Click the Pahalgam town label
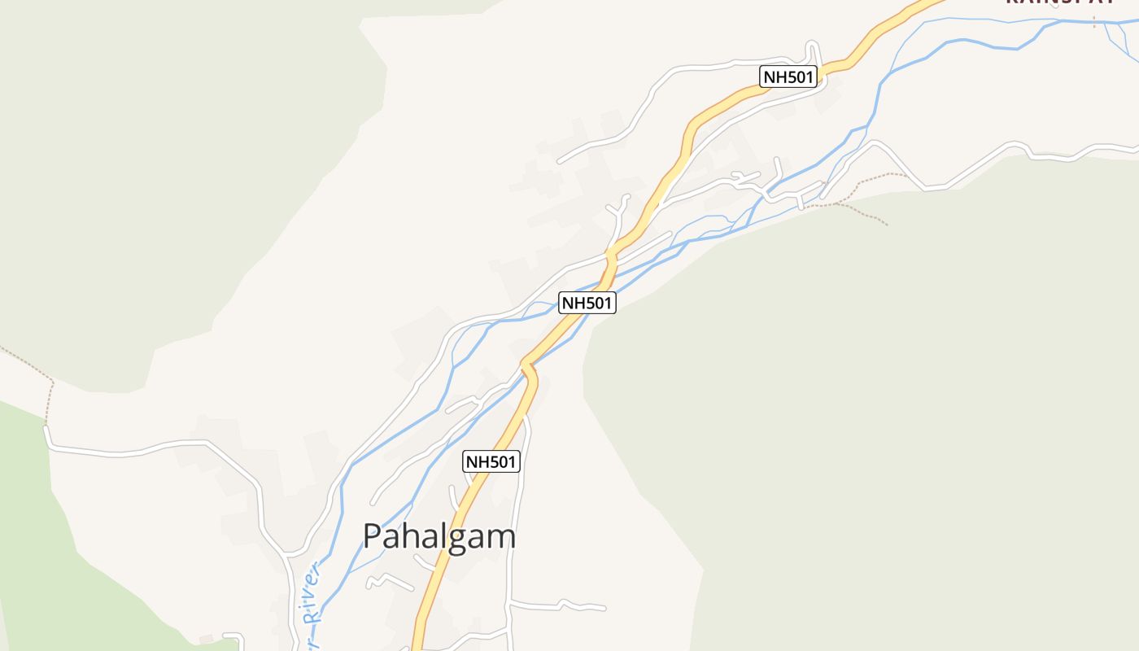point(439,537)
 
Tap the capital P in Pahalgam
point(372,537)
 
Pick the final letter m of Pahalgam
point(502,538)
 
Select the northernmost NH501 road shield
point(788,77)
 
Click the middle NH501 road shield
point(587,304)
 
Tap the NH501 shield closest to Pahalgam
point(491,461)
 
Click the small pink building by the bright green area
point(206,640)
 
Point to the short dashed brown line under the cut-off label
point(1094,20)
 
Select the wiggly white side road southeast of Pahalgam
point(561,605)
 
